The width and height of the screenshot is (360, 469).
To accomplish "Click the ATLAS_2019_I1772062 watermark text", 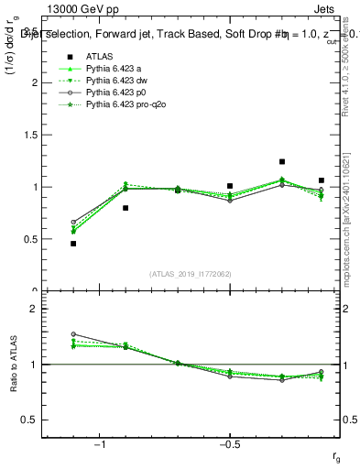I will (191, 274).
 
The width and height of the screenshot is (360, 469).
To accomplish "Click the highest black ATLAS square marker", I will (282, 161).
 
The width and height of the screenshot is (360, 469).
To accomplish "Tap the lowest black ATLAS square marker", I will (73, 244).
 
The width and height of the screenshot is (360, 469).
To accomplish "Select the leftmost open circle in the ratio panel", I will (73, 334).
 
